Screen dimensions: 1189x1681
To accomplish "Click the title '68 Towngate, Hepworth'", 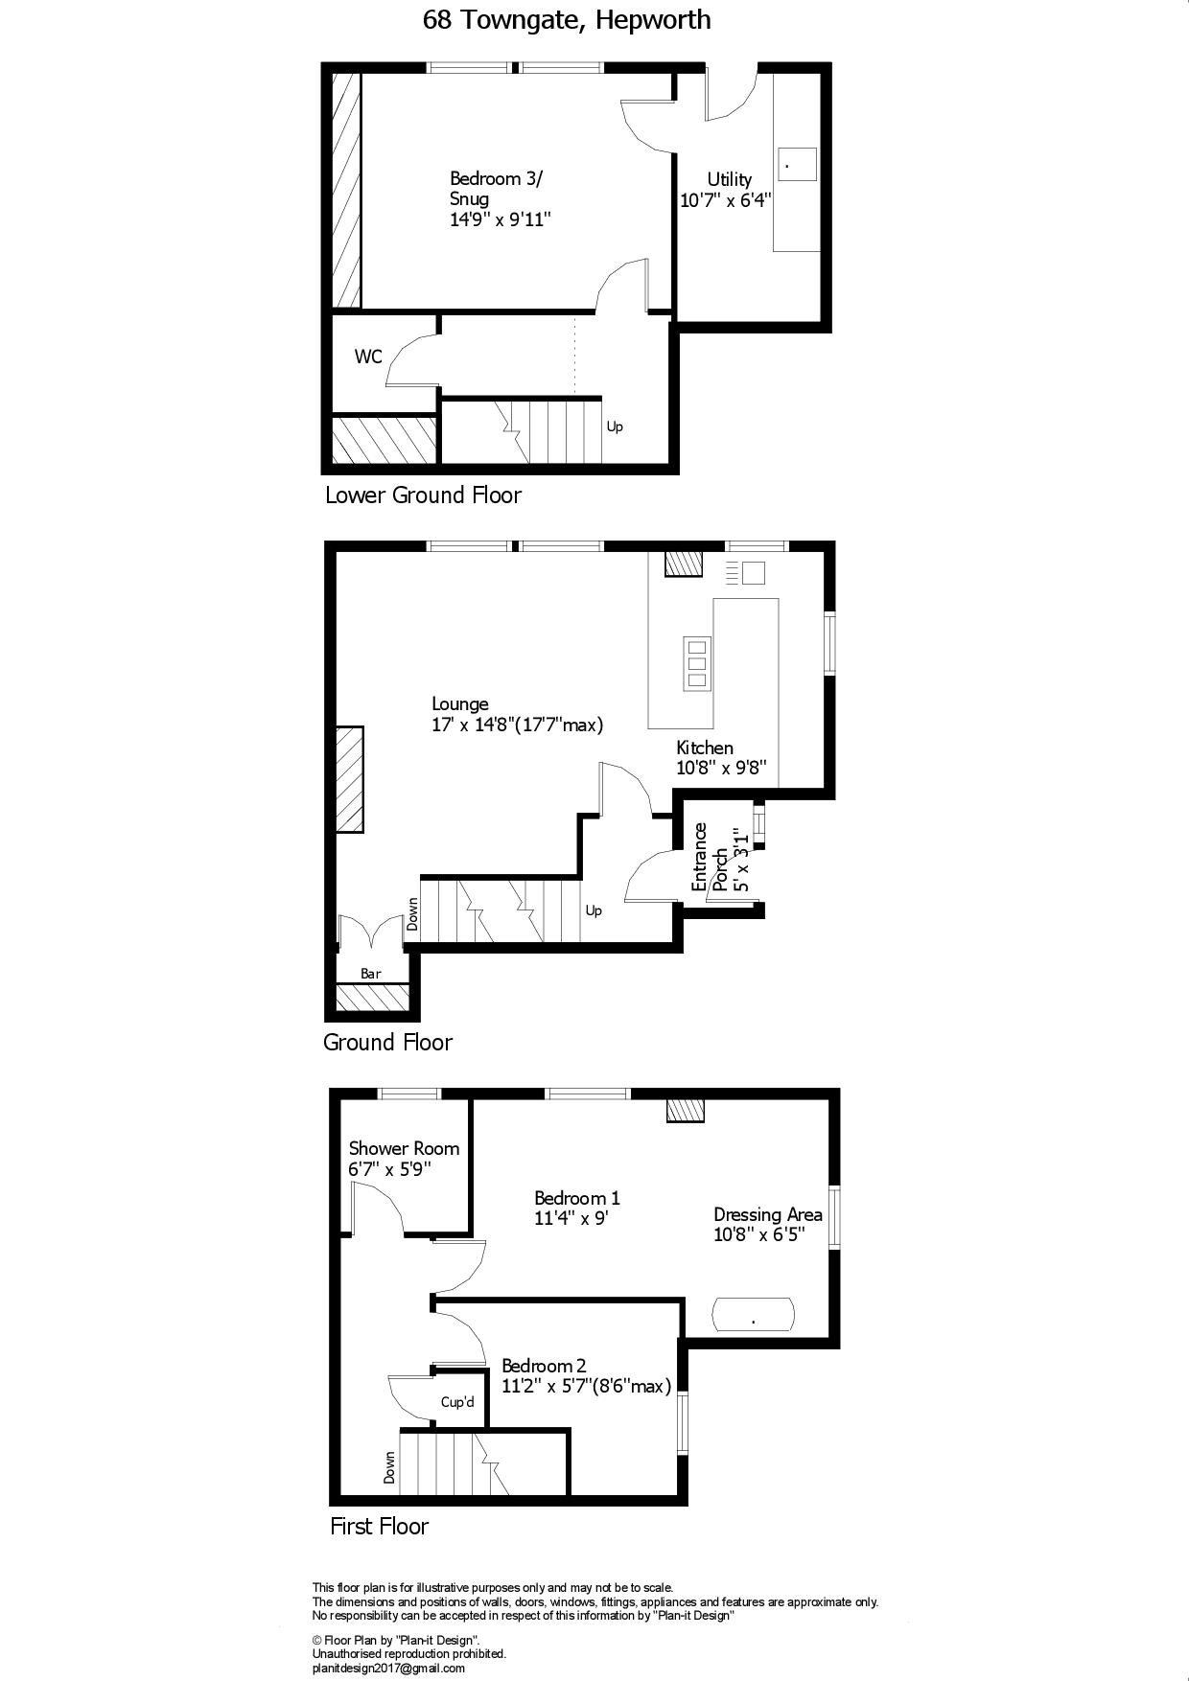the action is click(567, 20).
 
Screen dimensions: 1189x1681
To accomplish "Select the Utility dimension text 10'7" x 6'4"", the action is click(726, 200).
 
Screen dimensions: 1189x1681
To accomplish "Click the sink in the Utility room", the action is click(797, 164).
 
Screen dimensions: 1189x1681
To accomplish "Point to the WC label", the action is click(368, 357).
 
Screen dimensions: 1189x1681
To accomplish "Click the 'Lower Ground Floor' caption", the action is click(423, 495).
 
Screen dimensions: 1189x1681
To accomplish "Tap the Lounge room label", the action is click(460, 703).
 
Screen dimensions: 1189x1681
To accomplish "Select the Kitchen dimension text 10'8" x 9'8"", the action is click(721, 768).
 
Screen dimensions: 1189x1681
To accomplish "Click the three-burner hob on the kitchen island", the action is click(697, 662).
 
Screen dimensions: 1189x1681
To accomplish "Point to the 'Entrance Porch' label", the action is click(709, 857).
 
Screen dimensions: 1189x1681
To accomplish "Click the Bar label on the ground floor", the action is click(371, 974).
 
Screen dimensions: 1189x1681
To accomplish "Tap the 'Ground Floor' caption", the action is click(387, 1043).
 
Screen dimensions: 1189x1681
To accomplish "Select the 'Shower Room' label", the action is click(404, 1148).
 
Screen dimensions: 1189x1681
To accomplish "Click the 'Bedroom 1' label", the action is click(577, 1198).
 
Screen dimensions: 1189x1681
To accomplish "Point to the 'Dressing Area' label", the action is click(767, 1215).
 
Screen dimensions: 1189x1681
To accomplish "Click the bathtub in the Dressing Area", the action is click(754, 1314).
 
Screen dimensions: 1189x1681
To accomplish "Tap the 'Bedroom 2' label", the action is click(544, 1366).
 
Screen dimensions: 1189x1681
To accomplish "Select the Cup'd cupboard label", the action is click(457, 1402).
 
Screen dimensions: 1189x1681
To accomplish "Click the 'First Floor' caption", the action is click(379, 1527).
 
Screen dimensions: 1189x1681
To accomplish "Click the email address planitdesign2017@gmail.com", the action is click(388, 1669).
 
